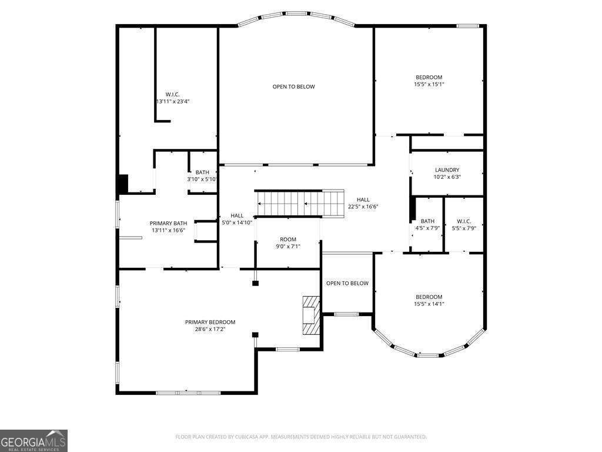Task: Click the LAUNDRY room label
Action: coord(447,170)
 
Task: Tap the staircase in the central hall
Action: coord(300,203)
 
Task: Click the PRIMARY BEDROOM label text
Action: coord(210,322)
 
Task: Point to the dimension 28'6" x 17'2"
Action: coord(210,330)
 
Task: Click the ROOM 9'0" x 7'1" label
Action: coord(288,243)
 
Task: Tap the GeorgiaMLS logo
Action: coord(34,440)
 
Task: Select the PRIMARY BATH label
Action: coord(168,223)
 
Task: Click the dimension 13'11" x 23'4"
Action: coord(173,101)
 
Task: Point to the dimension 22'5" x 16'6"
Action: coord(363,207)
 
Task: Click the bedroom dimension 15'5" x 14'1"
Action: coord(429,304)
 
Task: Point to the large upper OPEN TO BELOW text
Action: coord(294,87)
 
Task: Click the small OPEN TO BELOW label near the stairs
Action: coord(347,283)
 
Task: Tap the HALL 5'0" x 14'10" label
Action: coord(237,219)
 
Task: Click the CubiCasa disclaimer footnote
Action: coord(301,437)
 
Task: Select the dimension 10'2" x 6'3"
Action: coord(447,177)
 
